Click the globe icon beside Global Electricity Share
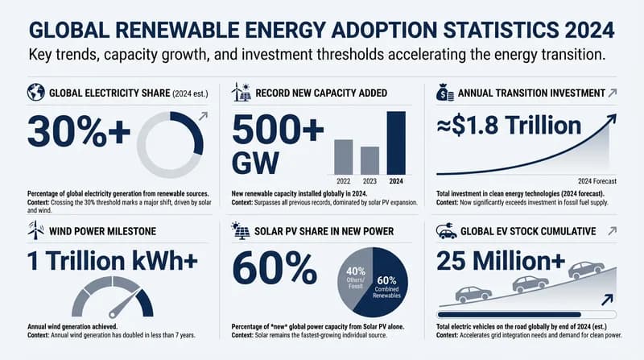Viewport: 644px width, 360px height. pos(35,93)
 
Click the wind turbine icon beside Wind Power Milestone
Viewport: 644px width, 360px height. pos(35,232)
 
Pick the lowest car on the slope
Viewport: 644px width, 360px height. pos(473,295)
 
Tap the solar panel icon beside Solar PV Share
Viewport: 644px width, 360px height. pos(240,232)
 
